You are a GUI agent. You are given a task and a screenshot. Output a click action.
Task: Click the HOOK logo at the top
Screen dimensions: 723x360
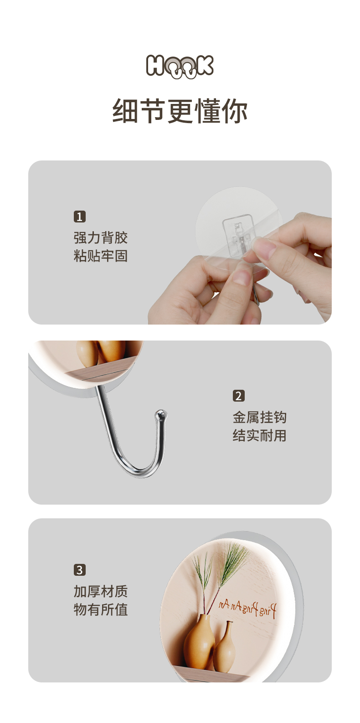(180, 66)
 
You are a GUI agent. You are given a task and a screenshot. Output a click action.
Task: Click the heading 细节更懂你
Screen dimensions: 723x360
(180, 111)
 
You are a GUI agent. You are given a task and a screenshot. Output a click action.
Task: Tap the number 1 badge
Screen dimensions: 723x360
(80, 217)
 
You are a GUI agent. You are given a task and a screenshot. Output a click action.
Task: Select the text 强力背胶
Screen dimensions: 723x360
(100, 238)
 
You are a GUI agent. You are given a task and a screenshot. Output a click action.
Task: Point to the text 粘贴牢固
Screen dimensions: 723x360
(100, 256)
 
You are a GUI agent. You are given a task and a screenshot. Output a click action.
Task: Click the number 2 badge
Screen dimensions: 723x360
(239, 396)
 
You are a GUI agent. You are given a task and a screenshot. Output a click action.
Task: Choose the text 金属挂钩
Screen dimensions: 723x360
(259, 417)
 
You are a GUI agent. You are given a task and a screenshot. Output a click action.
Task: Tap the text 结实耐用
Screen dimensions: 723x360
(259, 435)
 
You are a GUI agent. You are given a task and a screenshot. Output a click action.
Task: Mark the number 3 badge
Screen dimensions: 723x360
(80, 570)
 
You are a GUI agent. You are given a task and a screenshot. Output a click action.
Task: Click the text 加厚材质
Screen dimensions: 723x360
(100, 591)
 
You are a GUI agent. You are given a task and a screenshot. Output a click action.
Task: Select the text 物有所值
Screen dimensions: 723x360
(100, 609)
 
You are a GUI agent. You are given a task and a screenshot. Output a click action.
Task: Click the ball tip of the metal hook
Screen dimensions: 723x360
(160, 415)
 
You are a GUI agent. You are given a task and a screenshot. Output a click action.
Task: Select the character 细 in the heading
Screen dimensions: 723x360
(125, 111)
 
